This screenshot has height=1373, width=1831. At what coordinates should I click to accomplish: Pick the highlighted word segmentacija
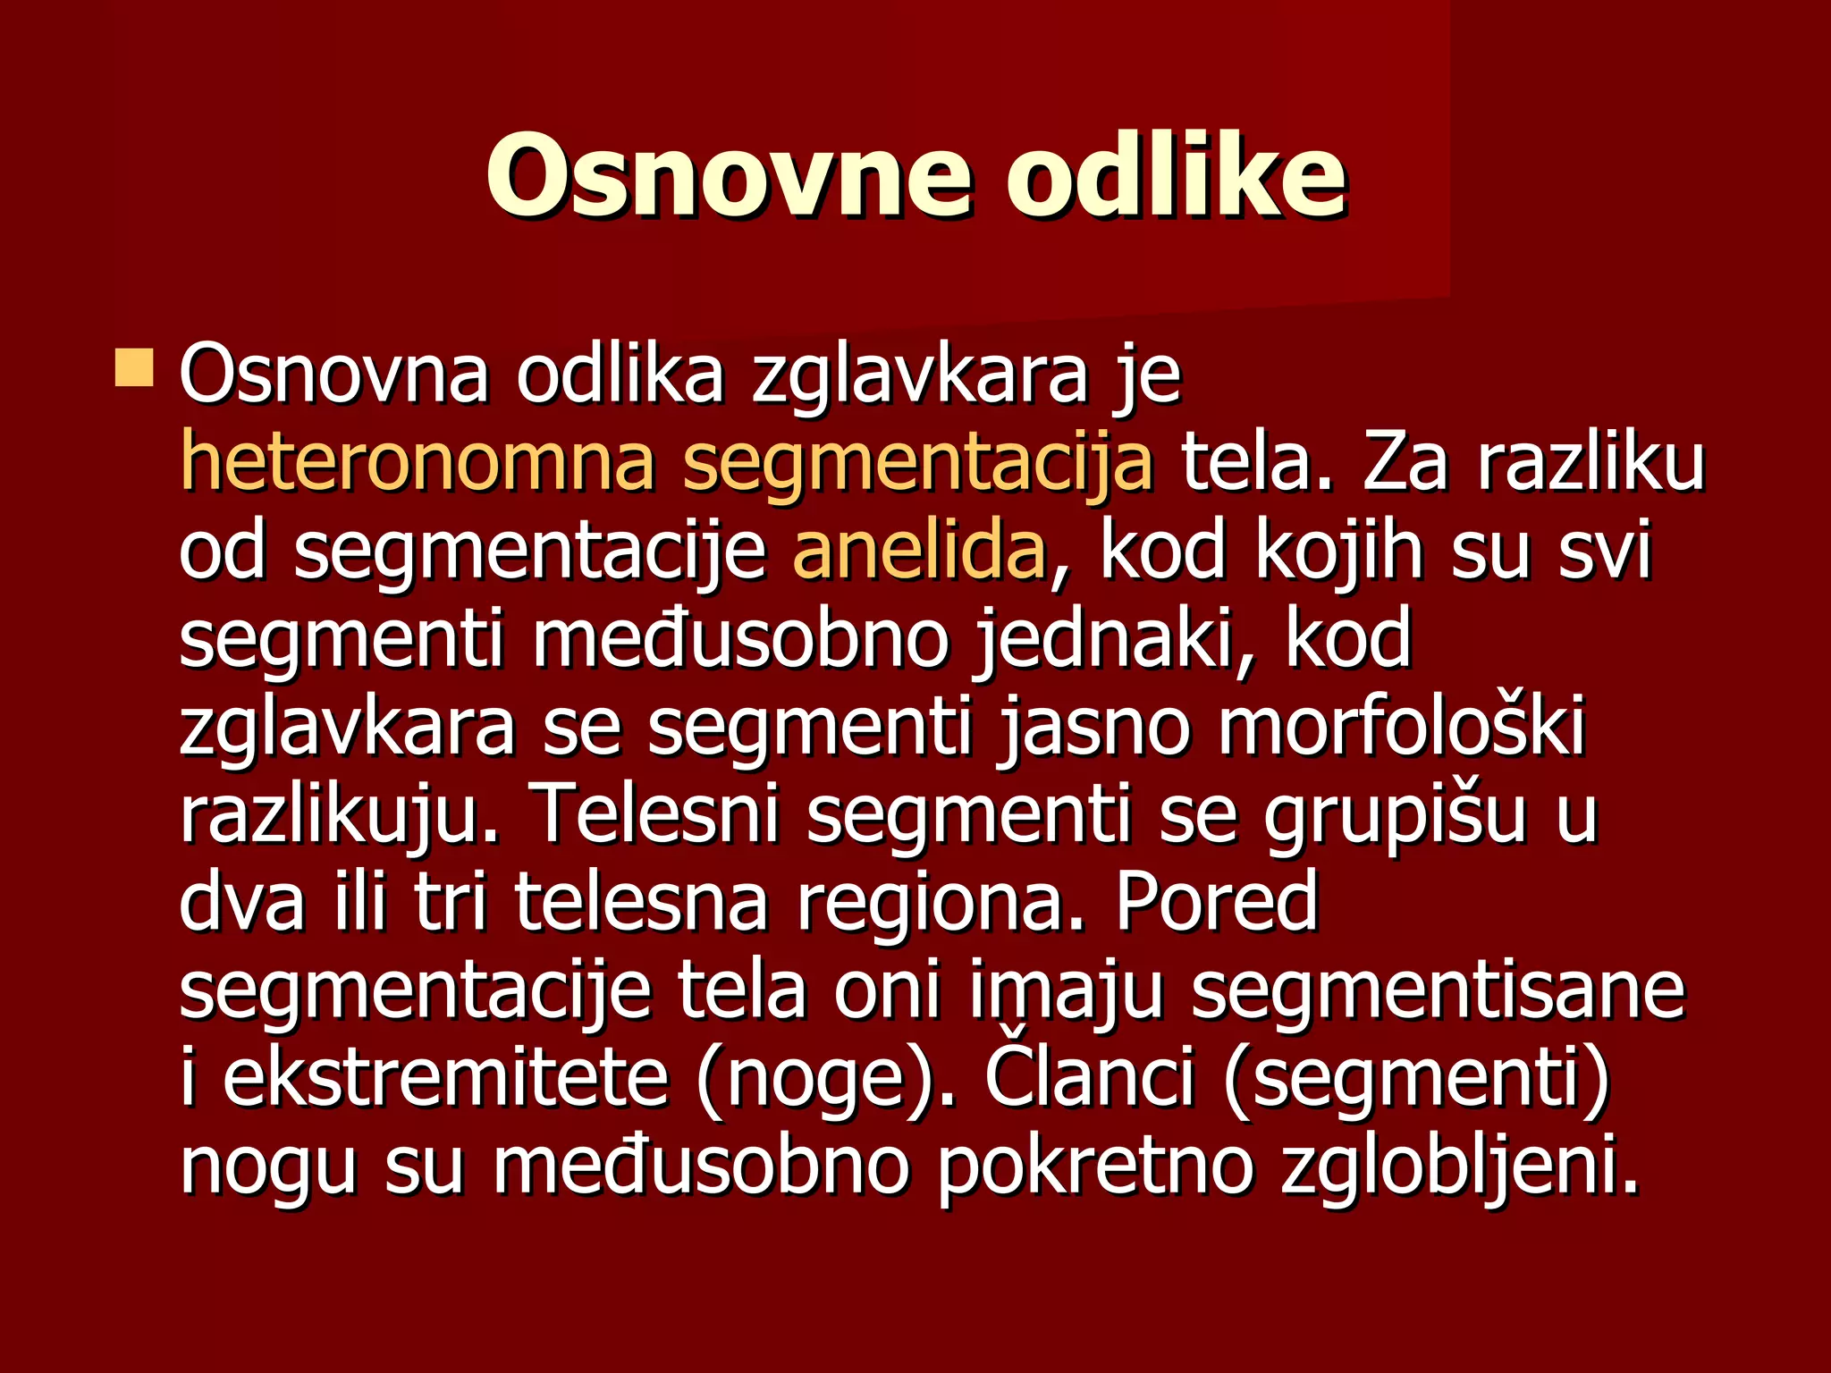point(917,465)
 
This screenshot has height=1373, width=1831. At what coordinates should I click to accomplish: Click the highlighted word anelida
point(919,552)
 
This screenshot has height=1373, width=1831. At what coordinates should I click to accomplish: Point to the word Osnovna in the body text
point(333,375)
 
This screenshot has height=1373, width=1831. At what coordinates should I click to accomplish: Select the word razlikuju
point(338,814)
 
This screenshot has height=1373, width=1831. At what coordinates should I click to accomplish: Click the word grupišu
point(1395,814)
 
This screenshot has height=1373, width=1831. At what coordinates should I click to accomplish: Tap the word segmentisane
point(1438,990)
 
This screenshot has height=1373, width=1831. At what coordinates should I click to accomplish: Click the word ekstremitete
point(445,1077)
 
